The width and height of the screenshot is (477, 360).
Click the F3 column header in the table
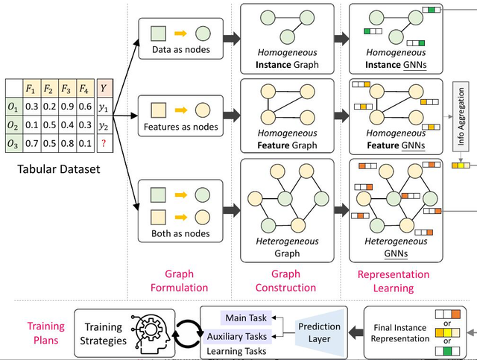66,89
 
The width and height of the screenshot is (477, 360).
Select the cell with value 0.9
66,106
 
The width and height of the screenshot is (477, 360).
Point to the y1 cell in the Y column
104,106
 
